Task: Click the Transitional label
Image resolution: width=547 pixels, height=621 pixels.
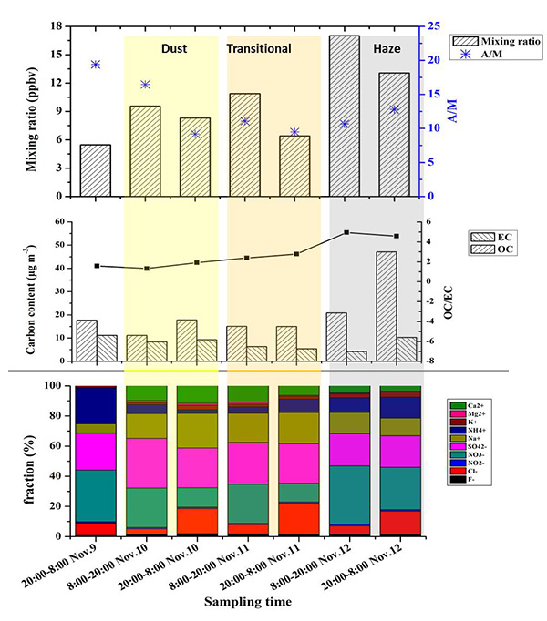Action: (259, 48)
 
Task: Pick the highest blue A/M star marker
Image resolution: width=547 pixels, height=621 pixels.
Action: (95, 65)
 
